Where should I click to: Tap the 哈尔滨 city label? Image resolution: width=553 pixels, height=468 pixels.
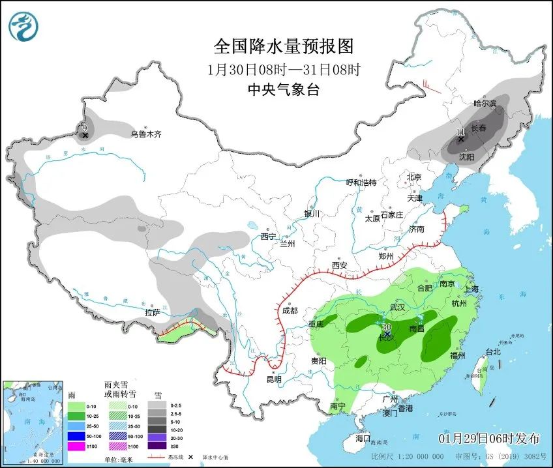click(x=485, y=104)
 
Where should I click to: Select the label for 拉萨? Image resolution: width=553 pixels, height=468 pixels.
click(x=153, y=313)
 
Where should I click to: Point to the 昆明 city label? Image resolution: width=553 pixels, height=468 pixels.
click(x=273, y=379)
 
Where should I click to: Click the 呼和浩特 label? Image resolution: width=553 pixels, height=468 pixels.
click(x=361, y=183)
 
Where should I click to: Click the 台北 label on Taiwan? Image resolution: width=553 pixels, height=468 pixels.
click(x=493, y=352)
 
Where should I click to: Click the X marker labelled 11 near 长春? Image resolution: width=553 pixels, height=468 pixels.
click(x=460, y=139)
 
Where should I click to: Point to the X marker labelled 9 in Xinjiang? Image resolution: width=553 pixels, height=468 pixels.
click(x=85, y=135)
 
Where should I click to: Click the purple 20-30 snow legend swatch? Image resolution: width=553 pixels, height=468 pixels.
click(x=156, y=437)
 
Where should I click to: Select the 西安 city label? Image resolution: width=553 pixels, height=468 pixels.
click(x=339, y=265)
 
